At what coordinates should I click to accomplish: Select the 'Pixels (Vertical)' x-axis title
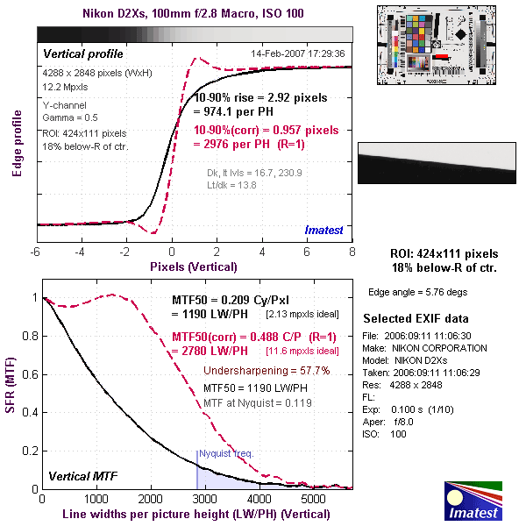(x=193, y=266)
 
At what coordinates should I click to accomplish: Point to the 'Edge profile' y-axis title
(x=16, y=140)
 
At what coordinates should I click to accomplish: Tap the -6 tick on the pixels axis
(x=35, y=252)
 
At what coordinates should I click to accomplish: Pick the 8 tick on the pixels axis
(x=352, y=252)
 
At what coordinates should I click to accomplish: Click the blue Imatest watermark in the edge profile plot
(x=324, y=231)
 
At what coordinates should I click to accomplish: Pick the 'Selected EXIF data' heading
(x=416, y=318)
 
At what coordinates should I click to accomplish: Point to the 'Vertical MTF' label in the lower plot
(x=82, y=476)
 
